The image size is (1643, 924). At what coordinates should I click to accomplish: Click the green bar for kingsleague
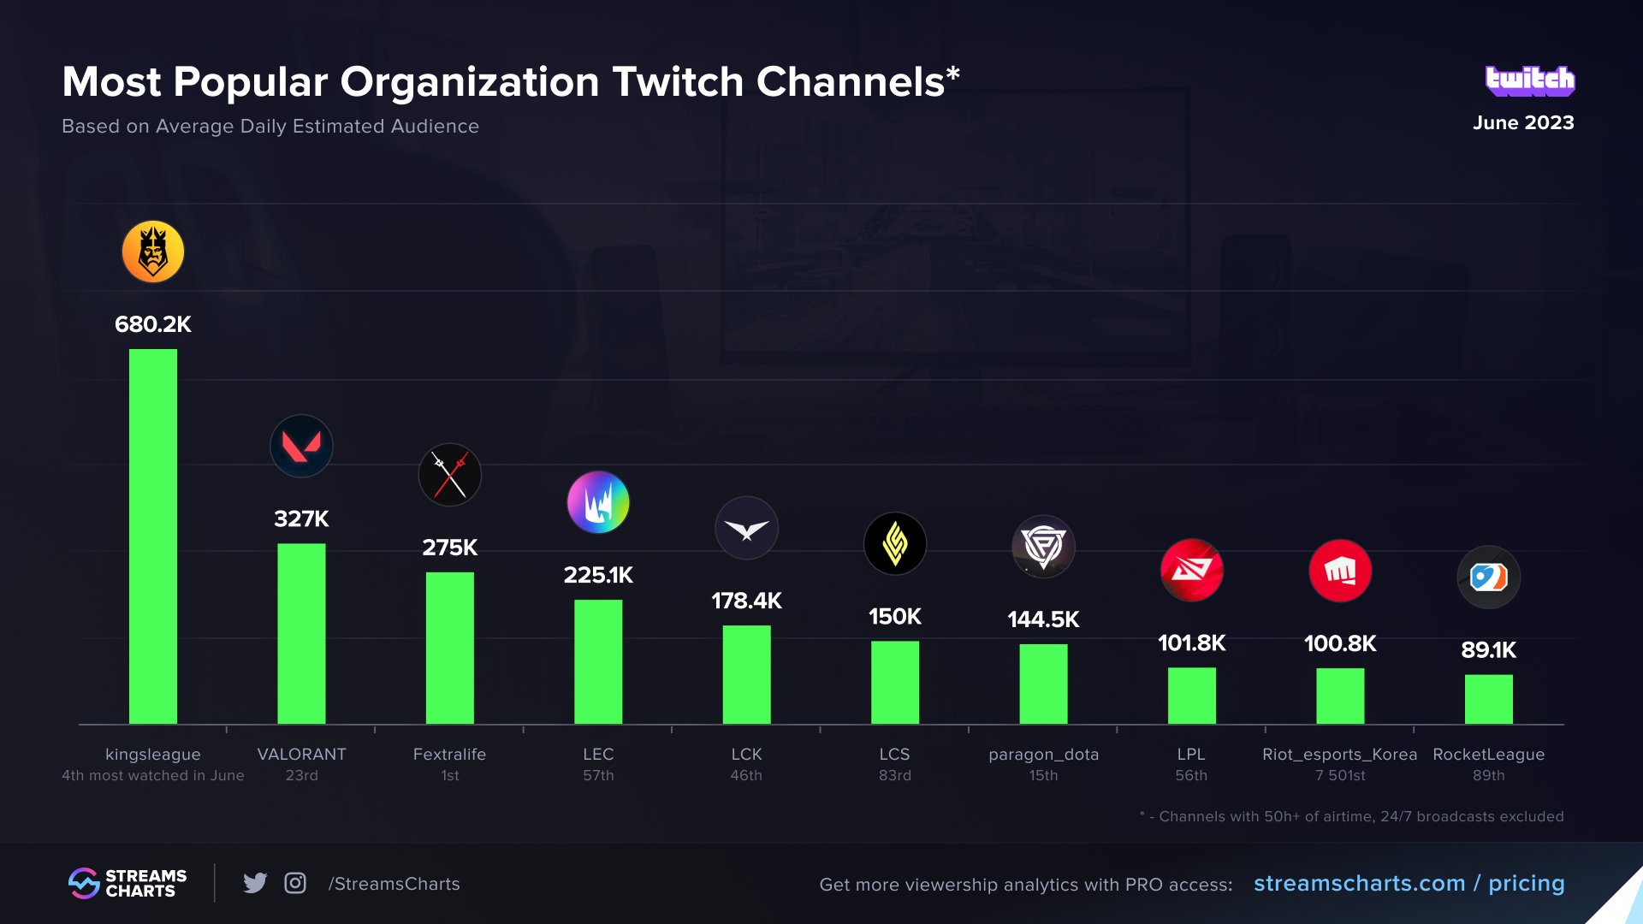[153, 536]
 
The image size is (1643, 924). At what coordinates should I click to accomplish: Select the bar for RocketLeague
[1488, 699]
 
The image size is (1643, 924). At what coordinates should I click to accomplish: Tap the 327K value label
[301, 518]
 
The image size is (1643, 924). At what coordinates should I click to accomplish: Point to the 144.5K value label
[1043, 619]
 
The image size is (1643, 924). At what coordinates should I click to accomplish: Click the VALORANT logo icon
[301, 446]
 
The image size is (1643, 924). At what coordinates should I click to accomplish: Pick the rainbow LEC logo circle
[598, 502]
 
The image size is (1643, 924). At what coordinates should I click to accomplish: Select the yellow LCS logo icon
[895, 543]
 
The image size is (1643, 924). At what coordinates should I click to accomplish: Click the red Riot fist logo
[1340, 571]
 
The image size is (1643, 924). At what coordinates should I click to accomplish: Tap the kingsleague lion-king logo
[153, 252]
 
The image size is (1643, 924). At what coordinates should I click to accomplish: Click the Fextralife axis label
[449, 754]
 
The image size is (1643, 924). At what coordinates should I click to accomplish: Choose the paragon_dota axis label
[1043, 754]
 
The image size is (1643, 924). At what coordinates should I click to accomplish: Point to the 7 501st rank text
[1340, 775]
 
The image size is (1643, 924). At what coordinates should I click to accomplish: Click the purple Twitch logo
[1529, 80]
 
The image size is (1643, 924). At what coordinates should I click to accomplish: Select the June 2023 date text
[1522, 122]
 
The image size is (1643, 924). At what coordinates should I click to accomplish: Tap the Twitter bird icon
[255, 883]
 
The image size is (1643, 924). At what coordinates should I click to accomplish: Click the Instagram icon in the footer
[295, 883]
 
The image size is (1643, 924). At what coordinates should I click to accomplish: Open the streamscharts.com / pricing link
[1409, 883]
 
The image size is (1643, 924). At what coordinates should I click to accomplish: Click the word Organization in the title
[470, 82]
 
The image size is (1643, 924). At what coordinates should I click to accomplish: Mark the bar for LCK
[746, 674]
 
